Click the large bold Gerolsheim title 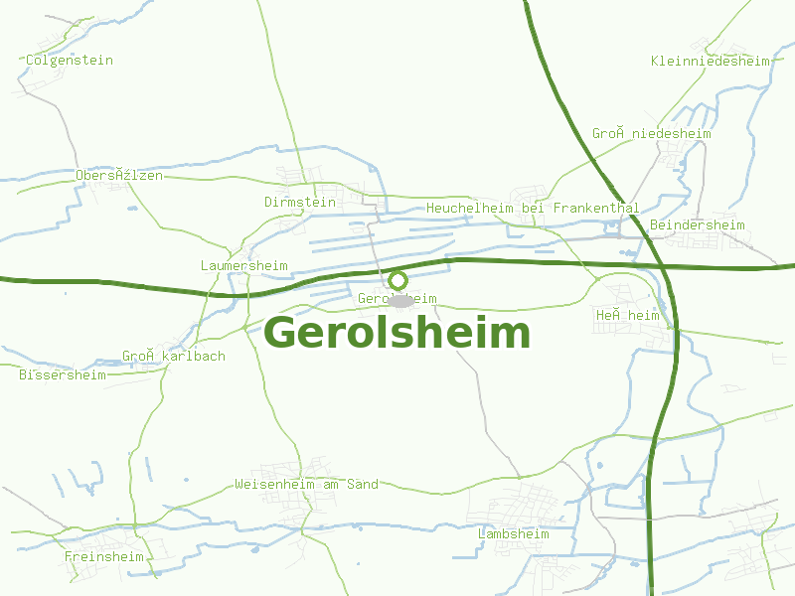397,333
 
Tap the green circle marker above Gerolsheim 397,281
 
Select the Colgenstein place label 70,60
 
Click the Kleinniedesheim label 711,61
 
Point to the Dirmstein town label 300,202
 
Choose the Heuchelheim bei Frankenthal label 533,209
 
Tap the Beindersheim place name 697,225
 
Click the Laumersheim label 244,265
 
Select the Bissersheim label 63,374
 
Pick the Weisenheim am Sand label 306,484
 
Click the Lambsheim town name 513,533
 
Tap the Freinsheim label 104,556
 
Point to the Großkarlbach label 174,356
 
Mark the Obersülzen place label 119,175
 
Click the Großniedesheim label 652,133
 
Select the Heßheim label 628,315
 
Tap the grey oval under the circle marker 399,300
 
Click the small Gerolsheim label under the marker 397,298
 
